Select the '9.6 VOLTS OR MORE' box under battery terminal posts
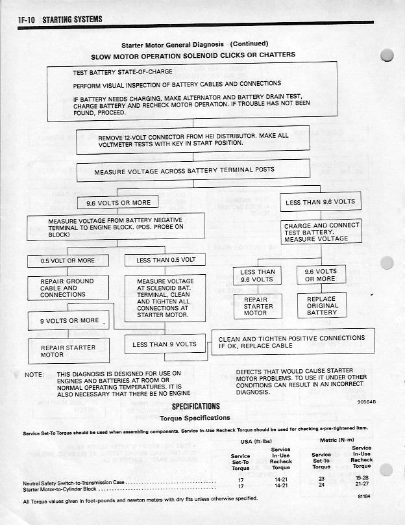pyautogui.click(x=114, y=203)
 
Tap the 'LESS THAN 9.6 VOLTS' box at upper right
pyautogui.click(x=321, y=202)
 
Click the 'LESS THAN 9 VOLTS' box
pyautogui.click(x=164, y=344)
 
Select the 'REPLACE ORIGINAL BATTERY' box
pyautogui.click(x=322, y=306)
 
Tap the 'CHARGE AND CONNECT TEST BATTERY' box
pyautogui.click(x=321, y=232)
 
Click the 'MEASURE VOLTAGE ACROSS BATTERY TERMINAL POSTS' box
pyautogui.click(x=184, y=171)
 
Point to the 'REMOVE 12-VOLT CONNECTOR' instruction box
pyautogui.click(x=193, y=140)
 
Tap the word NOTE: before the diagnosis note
pyautogui.click(x=34, y=375)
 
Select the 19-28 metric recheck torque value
pyautogui.click(x=361, y=478)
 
